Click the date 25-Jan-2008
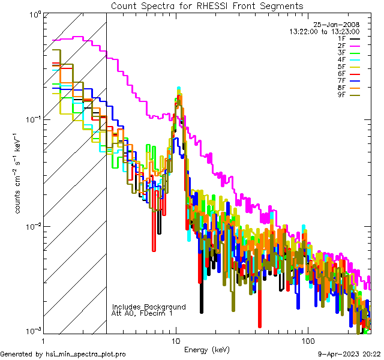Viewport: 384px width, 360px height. point(333,24)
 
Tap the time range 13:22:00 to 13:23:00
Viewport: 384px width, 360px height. point(324,31)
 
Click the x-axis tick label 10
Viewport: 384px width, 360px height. point(176,340)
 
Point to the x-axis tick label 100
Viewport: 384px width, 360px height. point(307,340)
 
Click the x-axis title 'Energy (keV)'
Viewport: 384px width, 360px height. point(207,349)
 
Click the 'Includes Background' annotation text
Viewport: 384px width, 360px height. point(149,307)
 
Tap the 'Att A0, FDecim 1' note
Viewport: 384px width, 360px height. point(142,313)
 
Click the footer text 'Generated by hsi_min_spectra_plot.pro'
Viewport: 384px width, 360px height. point(64,355)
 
